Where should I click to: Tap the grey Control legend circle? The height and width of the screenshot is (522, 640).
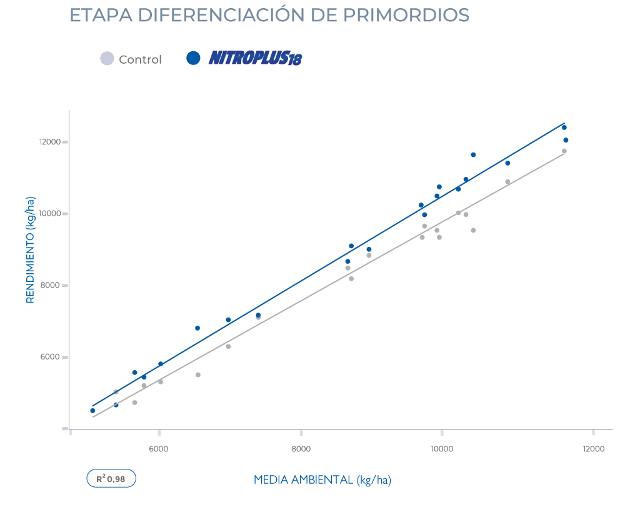[107, 59]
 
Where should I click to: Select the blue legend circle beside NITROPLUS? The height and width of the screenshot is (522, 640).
[194, 58]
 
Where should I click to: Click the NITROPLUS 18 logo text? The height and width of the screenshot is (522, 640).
[255, 59]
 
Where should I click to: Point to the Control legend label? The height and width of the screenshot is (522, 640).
[140, 59]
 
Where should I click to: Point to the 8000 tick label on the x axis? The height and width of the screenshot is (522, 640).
[301, 449]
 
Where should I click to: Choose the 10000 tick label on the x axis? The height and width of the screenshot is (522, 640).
[442, 449]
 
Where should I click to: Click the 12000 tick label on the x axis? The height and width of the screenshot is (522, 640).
[593, 449]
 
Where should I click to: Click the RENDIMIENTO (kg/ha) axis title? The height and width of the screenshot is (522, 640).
[30, 249]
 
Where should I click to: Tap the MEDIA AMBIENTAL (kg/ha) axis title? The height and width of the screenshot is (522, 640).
[322, 480]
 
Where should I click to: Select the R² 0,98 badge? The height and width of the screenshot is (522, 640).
[111, 479]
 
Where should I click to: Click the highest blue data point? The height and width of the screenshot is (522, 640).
[564, 128]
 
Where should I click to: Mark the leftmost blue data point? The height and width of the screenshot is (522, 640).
[92, 411]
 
